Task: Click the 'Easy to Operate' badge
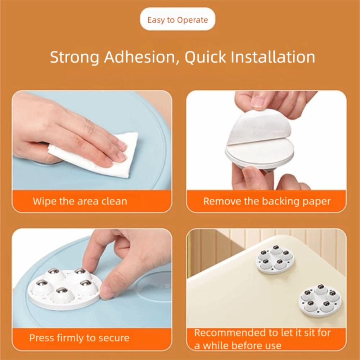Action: tap(177, 20)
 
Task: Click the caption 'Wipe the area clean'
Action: tap(80, 201)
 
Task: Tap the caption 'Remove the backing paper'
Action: tap(267, 201)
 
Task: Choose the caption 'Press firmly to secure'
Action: tap(79, 338)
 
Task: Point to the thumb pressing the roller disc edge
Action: tap(108, 290)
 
